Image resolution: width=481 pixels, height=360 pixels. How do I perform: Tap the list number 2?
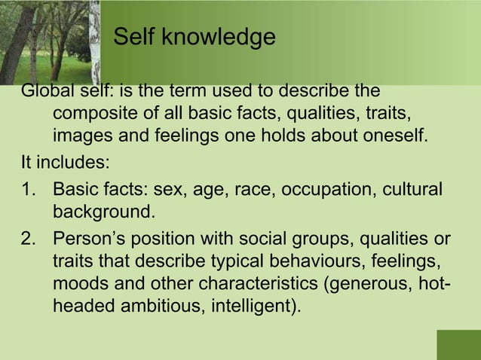pyautogui.click(x=30, y=239)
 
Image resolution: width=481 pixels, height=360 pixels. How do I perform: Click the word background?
pyautogui.click(x=104, y=211)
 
